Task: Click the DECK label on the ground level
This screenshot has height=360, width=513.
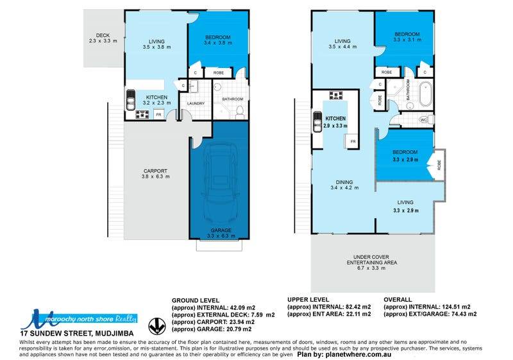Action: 103,35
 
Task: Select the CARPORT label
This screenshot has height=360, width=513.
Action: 155,171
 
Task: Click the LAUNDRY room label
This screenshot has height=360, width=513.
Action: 196,103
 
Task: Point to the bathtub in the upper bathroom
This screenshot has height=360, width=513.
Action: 425,94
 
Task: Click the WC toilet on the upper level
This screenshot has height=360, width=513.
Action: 426,120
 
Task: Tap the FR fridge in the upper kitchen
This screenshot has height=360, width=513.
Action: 353,141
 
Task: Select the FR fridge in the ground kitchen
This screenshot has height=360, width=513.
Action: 158,114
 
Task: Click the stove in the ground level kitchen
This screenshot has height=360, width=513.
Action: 142,114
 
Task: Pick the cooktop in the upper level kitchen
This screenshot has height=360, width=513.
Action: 336,95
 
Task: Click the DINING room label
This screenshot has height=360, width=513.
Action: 344,182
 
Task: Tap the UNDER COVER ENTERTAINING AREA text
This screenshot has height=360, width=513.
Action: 372,260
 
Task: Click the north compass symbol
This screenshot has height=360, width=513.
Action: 157,326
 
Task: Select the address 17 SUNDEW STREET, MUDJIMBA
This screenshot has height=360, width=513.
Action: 77,334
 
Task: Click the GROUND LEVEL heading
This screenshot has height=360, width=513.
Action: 196,300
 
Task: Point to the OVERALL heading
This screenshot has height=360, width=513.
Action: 398,300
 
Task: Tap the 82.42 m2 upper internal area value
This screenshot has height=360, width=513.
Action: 358,307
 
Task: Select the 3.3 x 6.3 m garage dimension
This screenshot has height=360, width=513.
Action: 221,236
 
